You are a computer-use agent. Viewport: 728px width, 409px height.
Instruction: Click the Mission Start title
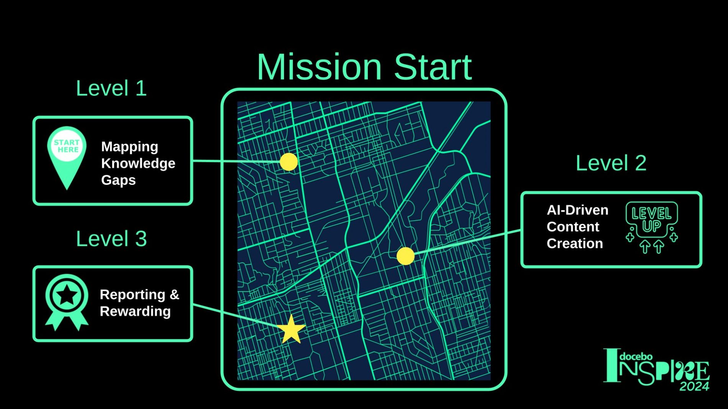point(364,67)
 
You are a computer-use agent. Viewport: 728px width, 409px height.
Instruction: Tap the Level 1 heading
point(111,88)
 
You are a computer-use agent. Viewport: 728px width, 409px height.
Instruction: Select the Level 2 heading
point(611,163)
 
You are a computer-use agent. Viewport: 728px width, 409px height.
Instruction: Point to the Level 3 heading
point(111,239)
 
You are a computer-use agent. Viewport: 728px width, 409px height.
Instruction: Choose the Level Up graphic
point(652,227)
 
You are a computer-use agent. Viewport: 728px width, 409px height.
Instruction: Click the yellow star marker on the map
point(291,329)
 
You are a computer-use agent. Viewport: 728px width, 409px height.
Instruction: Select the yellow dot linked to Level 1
point(289,162)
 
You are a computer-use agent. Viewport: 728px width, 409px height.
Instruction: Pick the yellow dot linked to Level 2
point(405,256)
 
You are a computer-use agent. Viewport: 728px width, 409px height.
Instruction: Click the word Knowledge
point(138,163)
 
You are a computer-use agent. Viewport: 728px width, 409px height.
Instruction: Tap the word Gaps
point(118,180)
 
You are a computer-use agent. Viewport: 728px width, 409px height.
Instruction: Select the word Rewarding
point(135,311)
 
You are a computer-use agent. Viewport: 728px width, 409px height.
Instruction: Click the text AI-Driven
point(577,210)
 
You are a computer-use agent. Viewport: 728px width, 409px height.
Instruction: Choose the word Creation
point(575,243)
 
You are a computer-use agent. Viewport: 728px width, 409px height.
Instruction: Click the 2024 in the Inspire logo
point(695,386)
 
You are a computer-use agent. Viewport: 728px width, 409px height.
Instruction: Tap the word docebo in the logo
point(636,357)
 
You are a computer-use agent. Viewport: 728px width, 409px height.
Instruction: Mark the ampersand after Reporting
point(174,295)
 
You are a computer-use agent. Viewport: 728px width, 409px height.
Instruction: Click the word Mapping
point(130,147)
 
